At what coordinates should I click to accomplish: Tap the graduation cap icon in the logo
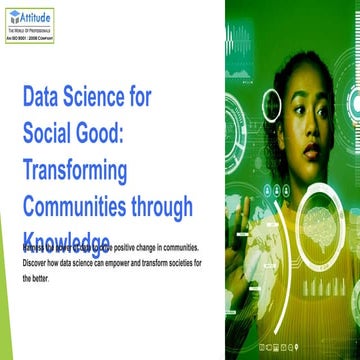tap(15, 17)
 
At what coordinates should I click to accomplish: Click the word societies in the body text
tap(175, 262)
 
